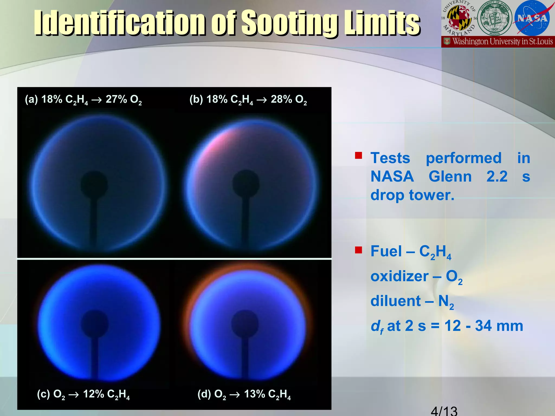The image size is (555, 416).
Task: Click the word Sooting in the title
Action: click(289, 23)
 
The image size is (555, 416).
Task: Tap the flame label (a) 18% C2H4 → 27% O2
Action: click(83, 99)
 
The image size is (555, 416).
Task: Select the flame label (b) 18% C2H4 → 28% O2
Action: click(248, 99)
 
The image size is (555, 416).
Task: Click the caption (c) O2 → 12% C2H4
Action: click(83, 394)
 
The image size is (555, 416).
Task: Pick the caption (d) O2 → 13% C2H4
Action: click(244, 394)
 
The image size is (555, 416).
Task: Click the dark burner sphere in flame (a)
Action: click(94, 185)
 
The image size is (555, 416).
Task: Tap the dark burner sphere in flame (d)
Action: click(245, 324)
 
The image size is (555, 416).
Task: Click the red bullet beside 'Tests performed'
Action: click(359, 155)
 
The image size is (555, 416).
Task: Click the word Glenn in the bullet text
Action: click(450, 177)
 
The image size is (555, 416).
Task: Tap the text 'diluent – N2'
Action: click(412, 301)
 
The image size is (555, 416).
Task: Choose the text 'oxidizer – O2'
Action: click(416, 277)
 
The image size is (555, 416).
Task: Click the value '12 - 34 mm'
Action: click(483, 326)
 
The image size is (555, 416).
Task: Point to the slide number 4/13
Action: click(444, 411)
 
